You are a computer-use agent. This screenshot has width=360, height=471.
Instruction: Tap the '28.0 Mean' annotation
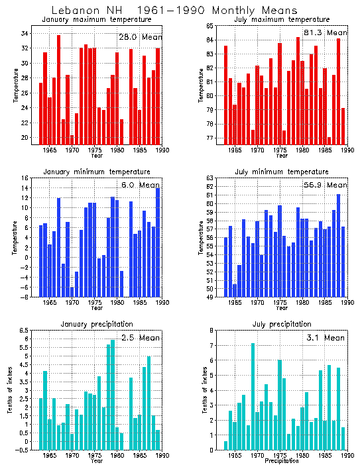pyautogui.click(x=140, y=37)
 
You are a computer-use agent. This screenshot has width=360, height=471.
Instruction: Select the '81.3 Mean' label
pyautogui.click(x=324, y=32)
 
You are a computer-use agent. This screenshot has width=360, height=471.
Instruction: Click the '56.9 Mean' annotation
pyautogui.click(x=324, y=185)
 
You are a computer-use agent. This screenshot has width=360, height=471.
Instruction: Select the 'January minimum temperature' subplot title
pyautogui.click(x=97, y=172)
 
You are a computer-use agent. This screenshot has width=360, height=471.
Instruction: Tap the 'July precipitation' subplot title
pyautogui.click(x=282, y=324)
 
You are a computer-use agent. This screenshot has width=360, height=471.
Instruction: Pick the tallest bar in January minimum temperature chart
pyautogui.click(x=158, y=242)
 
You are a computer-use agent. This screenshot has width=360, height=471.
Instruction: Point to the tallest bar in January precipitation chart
pyautogui.click(x=113, y=394)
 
